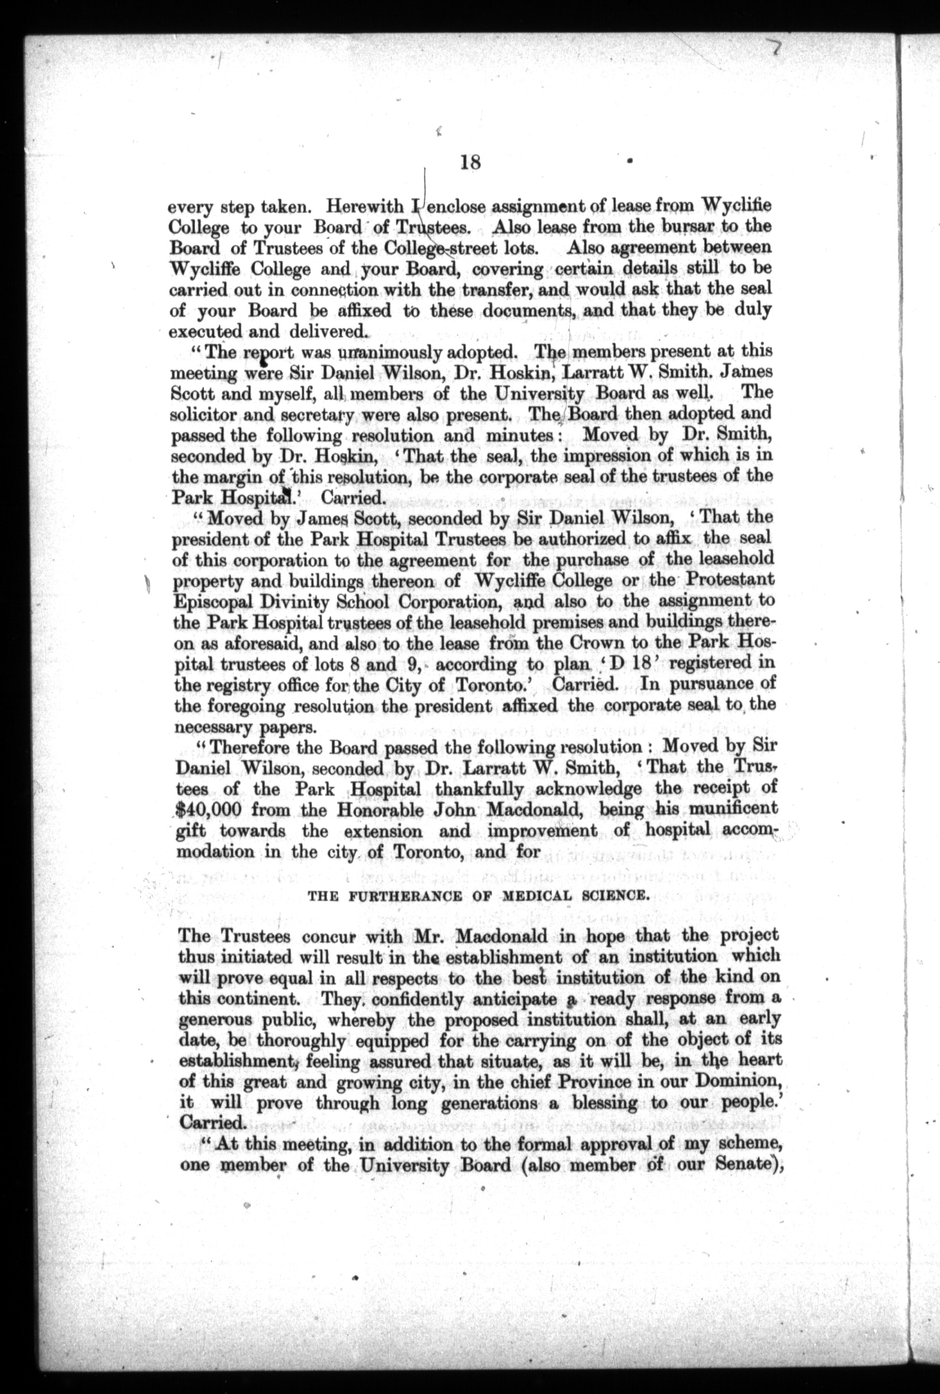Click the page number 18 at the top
[x=470, y=162]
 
